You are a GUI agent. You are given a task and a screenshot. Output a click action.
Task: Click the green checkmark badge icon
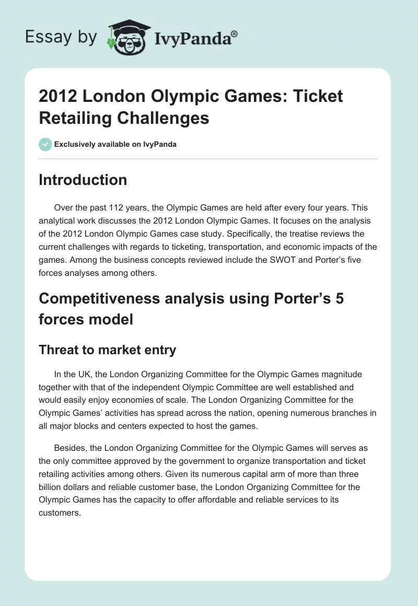(45, 144)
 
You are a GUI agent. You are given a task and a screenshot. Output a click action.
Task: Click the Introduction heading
(83, 180)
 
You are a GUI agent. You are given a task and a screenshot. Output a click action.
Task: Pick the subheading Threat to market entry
(107, 350)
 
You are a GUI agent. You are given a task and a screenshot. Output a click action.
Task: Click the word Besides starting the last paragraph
(70, 448)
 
